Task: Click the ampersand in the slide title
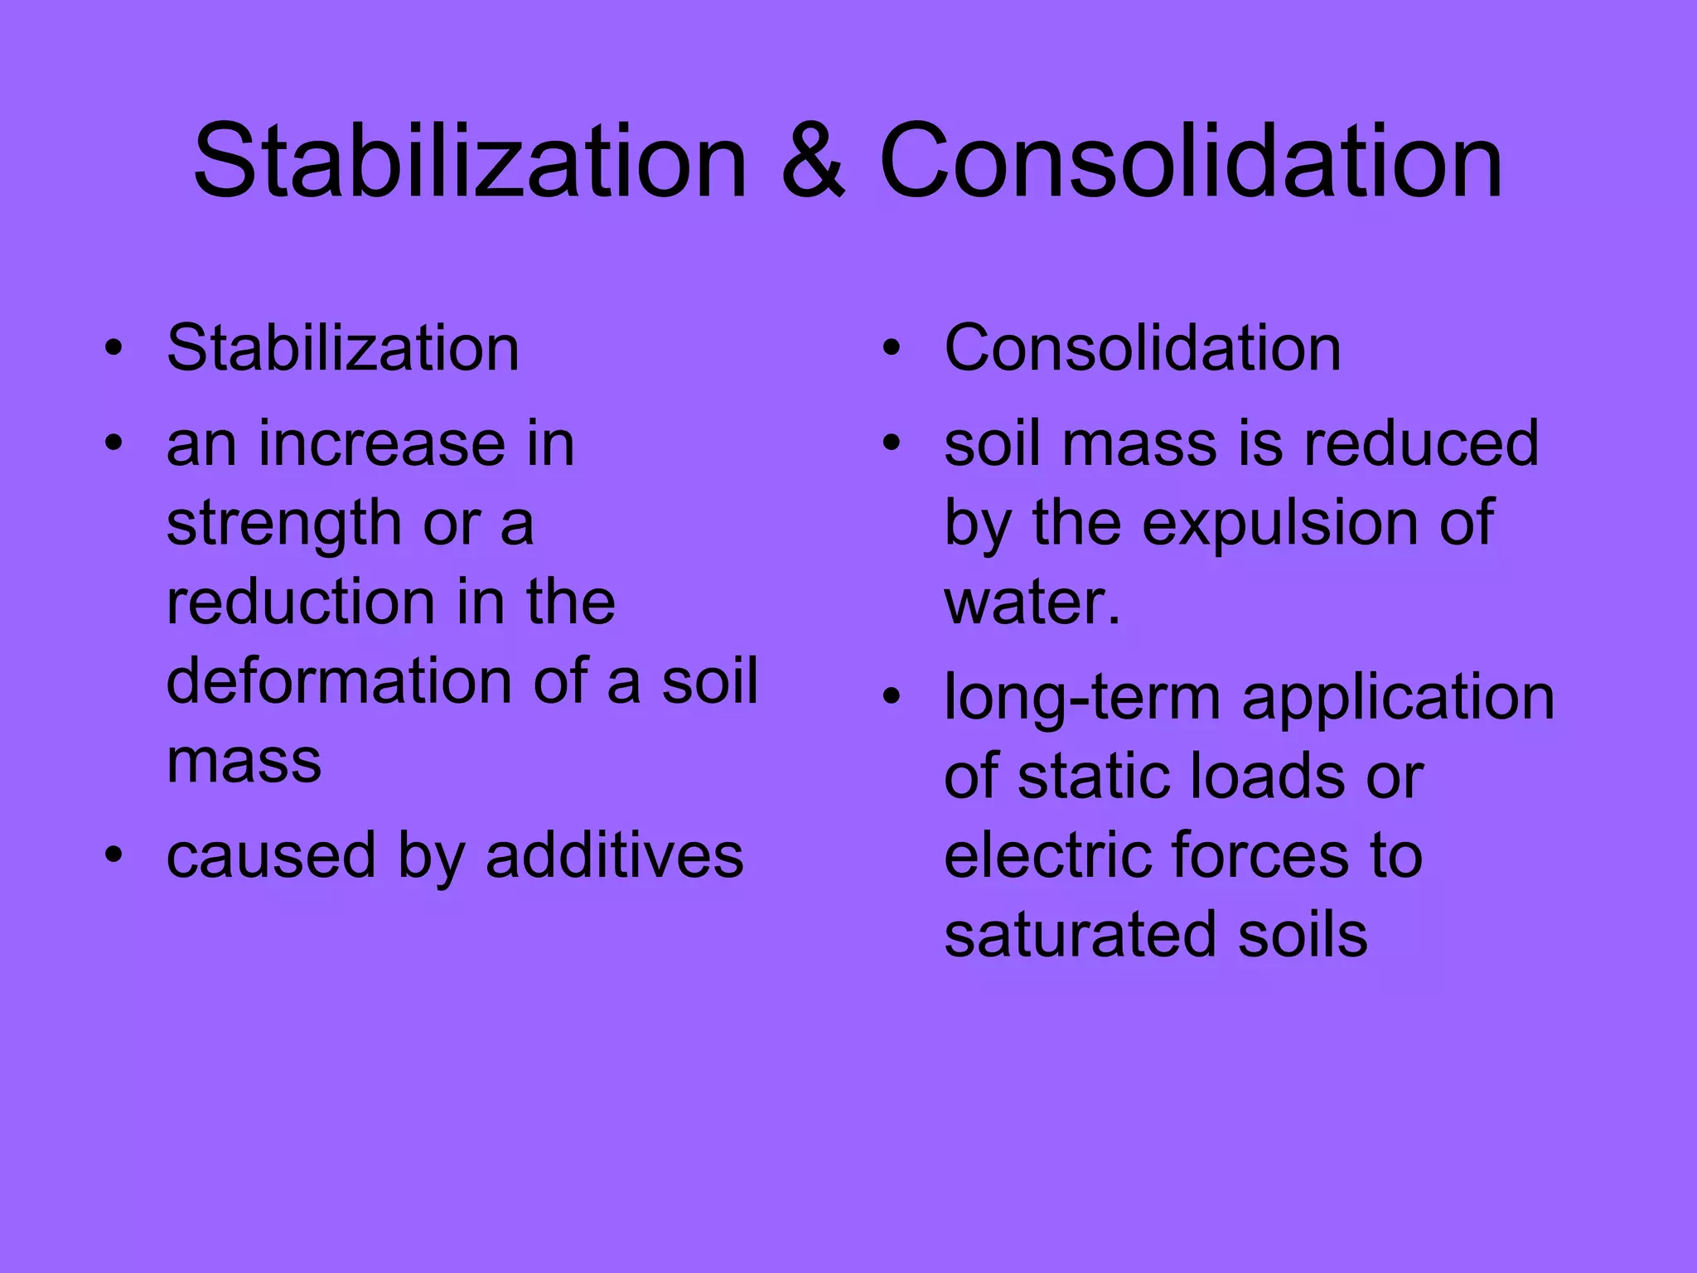pos(813,162)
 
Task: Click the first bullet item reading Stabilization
pos(343,348)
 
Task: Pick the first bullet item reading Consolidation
pos(1143,348)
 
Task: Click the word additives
pos(614,856)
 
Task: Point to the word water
pos(1032,603)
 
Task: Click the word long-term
pos(1082,699)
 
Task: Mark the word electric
pos(1048,856)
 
